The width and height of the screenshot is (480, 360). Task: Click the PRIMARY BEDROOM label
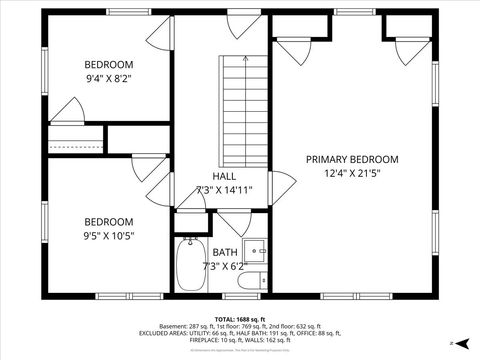tap(352, 159)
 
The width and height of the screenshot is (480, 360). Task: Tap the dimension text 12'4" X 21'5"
tap(352, 173)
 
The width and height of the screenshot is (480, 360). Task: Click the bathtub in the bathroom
tap(189, 266)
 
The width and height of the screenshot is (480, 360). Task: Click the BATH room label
tap(225, 252)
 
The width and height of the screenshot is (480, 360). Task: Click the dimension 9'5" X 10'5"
tap(108, 235)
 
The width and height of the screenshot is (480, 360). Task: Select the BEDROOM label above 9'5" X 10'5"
tap(108, 221)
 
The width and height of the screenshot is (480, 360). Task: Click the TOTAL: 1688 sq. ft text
tap(239, 318)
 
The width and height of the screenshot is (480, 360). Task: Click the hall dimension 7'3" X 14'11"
tap(224, 189)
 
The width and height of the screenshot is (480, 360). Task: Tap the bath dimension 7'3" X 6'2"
tap(225, 266)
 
